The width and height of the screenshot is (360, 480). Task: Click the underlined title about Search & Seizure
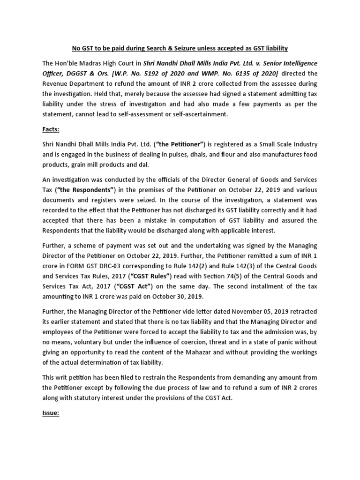[x=180, y=48]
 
